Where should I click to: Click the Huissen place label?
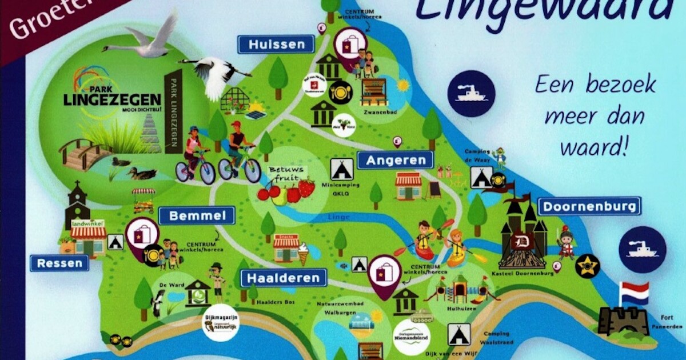pos(276,44)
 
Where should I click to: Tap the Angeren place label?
pos(395,160)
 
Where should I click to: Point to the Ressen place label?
pos(59,263)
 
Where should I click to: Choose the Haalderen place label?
pos(284,278)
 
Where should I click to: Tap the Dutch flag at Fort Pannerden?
pos(635,293)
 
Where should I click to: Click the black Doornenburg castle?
pos(523,234)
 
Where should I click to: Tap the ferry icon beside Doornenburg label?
pos(642,249)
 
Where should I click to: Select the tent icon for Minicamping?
pos(341,169)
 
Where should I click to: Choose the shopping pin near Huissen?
pos(350,45)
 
